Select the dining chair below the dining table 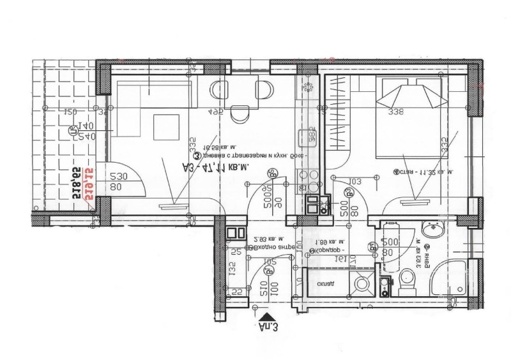click(x=240, y=114)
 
